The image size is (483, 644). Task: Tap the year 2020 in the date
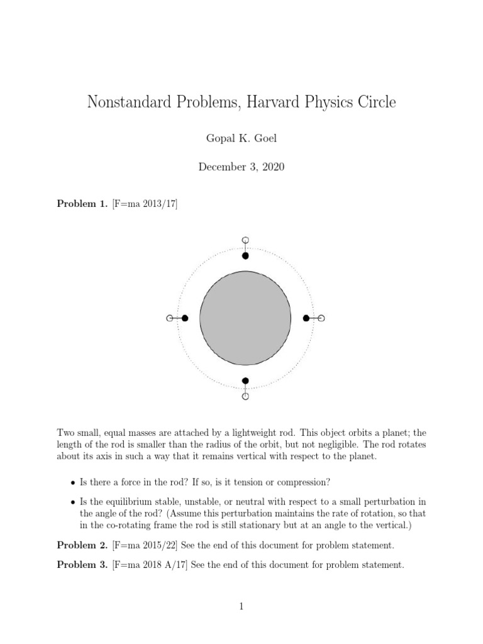click(x=270, y=167)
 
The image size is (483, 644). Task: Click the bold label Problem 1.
click(x=82, y=203)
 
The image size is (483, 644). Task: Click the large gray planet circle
click(x=245, y=318)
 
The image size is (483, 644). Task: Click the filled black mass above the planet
click(x=245, y=255)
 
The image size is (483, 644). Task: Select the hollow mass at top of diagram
click(x=245, y=240)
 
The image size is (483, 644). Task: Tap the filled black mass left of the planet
click(x=185, y=319)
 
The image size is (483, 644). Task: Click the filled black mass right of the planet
click(x=306, y=318)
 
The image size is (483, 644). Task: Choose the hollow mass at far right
click(x=321, y=318)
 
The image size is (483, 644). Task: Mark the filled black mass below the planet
click(x=245, y=380)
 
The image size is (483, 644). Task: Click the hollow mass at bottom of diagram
click(x=245, y=396)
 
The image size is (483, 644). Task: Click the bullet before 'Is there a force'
click(x=72, y=483)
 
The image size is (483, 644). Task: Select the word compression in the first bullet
click(x=306, y=483)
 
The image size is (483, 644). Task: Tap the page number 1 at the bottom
click(x=241, y=606)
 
